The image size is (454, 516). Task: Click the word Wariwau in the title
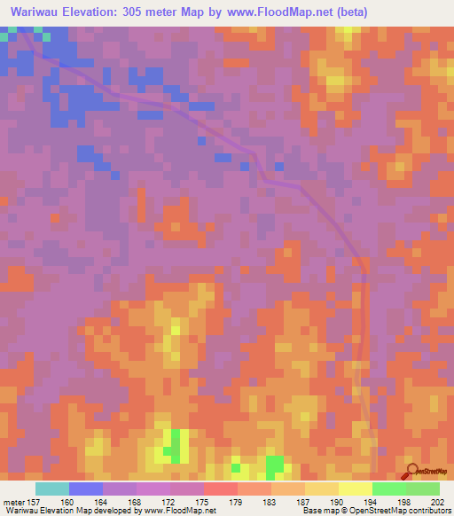pyautogui.click(x=37, y=12)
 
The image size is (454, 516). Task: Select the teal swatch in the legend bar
pyautogui.click(x=52, y=489)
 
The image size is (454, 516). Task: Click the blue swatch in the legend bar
pyautogui.click(x=86, y=489)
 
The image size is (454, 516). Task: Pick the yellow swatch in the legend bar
pyautogui.click(x=355, y=489)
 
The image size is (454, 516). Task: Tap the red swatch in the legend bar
pyautogui.click(x=220, y=489)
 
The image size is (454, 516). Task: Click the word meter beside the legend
pyautogui.click(x=14, y=501)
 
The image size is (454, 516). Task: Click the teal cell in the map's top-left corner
pyautogui.click(x=7, y=33)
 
